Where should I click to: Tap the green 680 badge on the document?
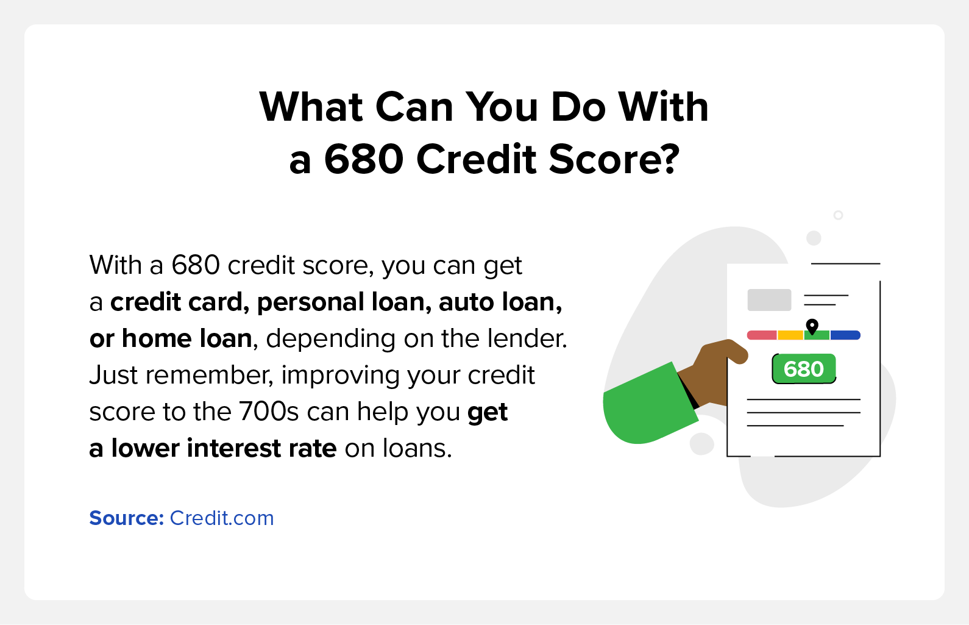click(804, 369)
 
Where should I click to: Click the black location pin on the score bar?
click(812, 327)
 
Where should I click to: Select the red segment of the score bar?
click(762, 335)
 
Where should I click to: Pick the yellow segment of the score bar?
click(790, 335)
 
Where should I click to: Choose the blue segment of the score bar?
click(845, 335)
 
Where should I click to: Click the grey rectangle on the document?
click(769, 300)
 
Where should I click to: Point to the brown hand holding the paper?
click(714, 372)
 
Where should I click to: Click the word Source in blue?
click(126, 518)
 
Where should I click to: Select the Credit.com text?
click(221, 518)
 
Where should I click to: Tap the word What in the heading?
click(311, 107)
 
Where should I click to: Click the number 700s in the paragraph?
click(268, 411)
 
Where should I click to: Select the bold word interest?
click(233, 448)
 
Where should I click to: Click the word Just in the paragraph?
click(113, 375)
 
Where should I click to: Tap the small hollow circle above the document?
click(839, 215)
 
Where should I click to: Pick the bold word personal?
click(310, 302)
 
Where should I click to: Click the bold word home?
click(156, 338)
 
